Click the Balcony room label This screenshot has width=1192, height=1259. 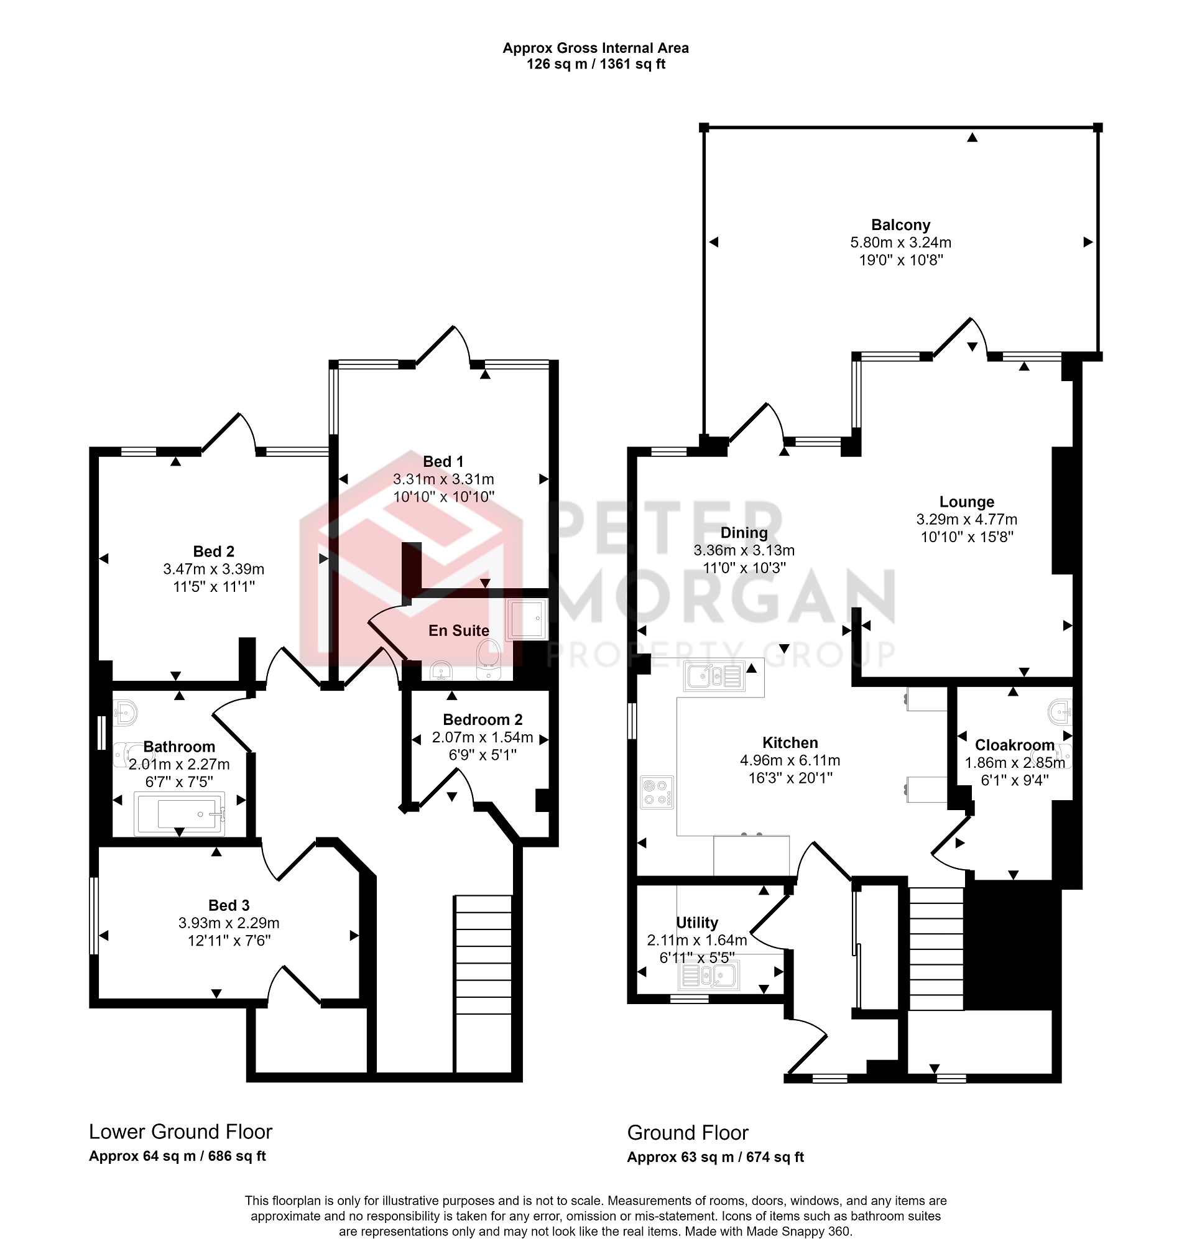tap(900, 225)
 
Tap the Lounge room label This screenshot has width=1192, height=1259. tap(966, 502)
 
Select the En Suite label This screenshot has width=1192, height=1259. tap(459, 631)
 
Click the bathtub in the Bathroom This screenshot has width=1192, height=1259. tap(179, 814)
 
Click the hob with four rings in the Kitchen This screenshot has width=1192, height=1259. tap(657, 793)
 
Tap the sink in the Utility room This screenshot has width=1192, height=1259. tap(708, 975)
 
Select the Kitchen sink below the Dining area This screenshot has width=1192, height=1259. tap(715, 676)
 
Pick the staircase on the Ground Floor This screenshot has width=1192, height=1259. tap(936, 948)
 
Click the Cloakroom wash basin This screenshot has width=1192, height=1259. tap(1060, 712)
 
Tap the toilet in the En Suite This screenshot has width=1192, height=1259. tap(488, 661)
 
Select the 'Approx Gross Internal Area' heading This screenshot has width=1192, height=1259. tap(595, 48)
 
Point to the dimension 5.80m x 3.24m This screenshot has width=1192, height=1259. tap(900, 242)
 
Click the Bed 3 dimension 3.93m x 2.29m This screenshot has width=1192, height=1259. tap(229, 923)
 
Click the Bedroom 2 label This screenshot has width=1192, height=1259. tap(483, 720)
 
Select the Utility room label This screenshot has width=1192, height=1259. tap(697, 923)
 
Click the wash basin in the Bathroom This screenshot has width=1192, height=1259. tap(125, 713)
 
